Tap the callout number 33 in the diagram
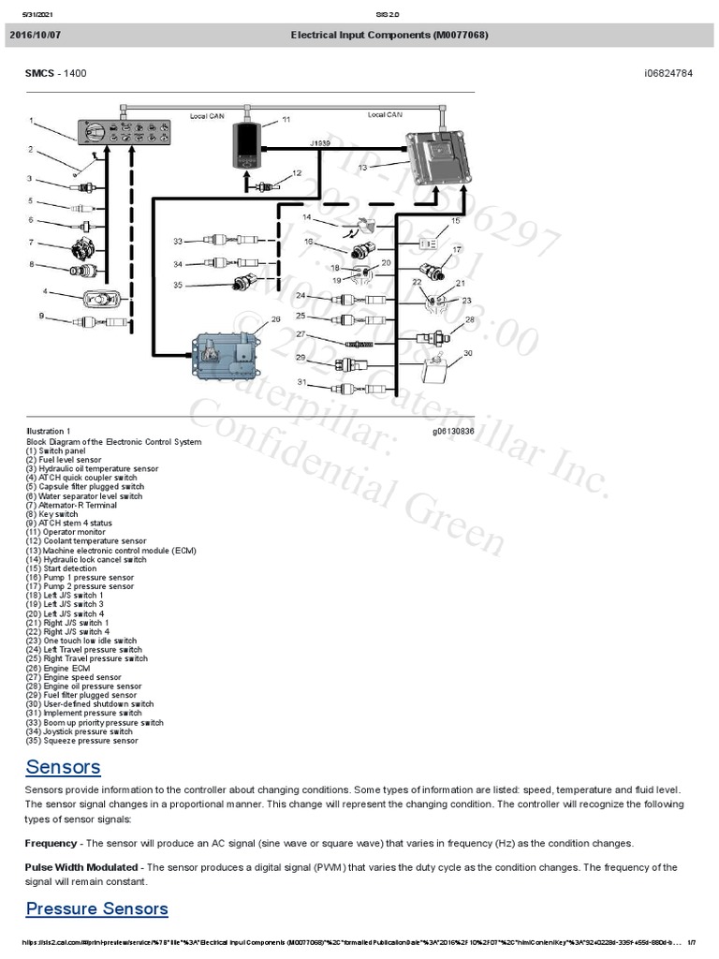[x=178, y=242]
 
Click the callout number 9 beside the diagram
[x=41, y=317]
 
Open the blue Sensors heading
[x=63, y=767]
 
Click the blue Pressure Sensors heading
[x=96, y=908]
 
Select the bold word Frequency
[x=51, y=843]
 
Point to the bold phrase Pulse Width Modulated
[x=81, y=867]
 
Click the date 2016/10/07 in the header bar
[x=36, y=36]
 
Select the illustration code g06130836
[x=453, y=432]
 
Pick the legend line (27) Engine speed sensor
[x=73, y=677]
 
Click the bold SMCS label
[x=40, y=73]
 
